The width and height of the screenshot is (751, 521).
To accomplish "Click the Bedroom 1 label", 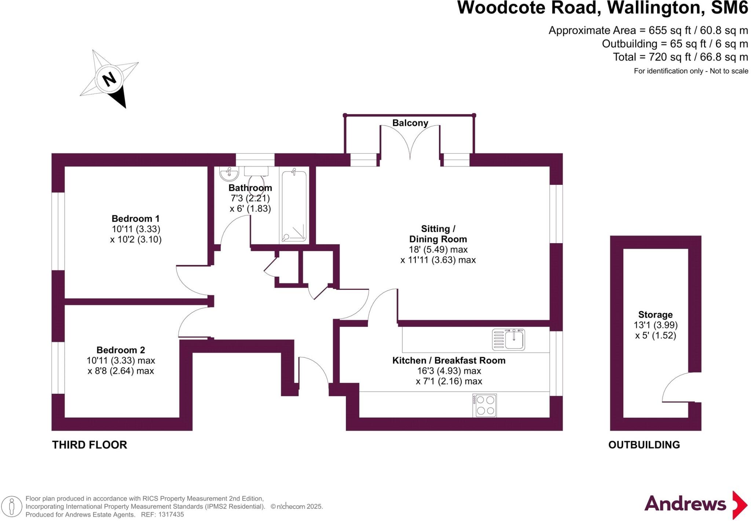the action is coord(135,219).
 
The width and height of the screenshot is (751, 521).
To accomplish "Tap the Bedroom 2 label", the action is coord(121,350).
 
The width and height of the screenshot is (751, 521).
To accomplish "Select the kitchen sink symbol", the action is coord(509,339).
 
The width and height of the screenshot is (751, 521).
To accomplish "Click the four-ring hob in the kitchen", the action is coord(484,405).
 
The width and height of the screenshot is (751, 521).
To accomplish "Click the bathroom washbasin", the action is coord(229,174).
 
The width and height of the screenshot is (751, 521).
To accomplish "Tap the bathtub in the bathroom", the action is coord(294,206).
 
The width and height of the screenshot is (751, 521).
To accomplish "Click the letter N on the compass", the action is coord(109,79).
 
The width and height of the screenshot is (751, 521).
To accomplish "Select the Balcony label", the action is coord(410,123).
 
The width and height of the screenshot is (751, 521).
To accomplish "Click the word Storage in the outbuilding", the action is coord(655,315).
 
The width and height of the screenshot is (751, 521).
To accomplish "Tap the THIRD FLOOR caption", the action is coord(89,445).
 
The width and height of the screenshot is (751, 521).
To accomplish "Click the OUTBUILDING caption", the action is coord(644,445).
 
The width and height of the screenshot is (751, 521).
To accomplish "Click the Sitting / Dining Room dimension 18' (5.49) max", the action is coord(438,249).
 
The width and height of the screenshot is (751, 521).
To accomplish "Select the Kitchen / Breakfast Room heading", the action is coord(449,361).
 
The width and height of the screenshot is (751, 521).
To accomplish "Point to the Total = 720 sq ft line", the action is coord(680,57).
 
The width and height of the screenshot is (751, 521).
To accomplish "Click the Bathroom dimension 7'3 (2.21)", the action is coord(250,198).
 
